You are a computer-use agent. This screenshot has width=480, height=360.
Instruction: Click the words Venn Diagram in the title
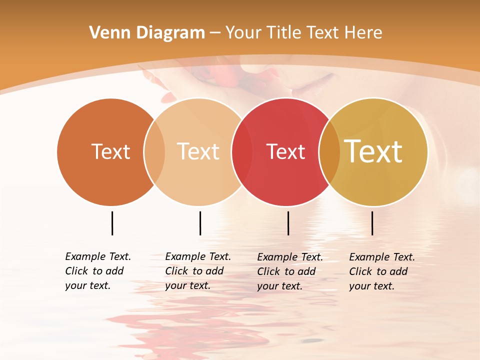pos(147,33)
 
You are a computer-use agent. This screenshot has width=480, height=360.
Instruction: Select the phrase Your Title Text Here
pos(303,33)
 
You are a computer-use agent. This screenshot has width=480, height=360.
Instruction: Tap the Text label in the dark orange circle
pos(110,151)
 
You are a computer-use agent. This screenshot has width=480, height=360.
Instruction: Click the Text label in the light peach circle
pos(198,151)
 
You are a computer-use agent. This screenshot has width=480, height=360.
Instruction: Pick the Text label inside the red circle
pos(285,152)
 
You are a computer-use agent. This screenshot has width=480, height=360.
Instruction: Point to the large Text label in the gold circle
pos(373,151)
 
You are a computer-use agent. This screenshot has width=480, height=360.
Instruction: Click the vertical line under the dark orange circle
pos(112,223)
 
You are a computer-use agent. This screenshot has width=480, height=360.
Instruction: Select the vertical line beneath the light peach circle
pos(200,223)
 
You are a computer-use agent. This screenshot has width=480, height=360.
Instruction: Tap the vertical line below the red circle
pos(288,223)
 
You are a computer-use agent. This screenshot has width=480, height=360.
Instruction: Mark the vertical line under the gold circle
pos(372,223)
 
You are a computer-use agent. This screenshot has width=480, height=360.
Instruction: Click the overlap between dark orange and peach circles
pos(154,151)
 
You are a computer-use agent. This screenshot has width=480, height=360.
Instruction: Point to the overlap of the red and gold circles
pos(329,151)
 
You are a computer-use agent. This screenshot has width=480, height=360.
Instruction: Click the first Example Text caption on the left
pos(98,271)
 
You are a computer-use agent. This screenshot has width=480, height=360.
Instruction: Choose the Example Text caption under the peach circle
pos(198,271)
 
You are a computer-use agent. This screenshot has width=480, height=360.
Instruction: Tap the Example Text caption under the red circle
pos(290,271)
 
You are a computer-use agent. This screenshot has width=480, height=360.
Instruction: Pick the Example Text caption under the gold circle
pos(382,271)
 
